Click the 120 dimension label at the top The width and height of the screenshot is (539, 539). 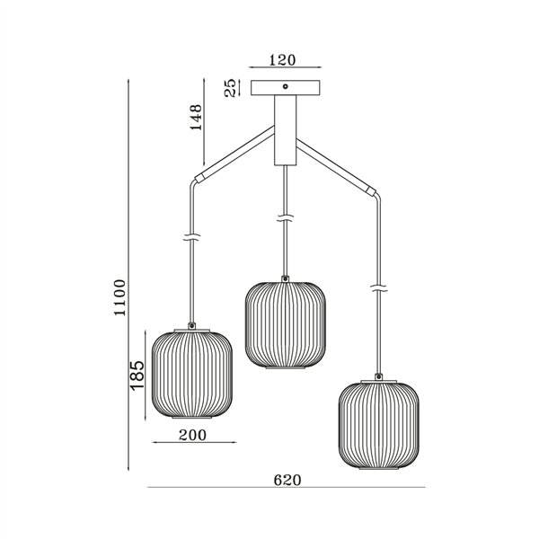pyautogui.click(x=283, y=61)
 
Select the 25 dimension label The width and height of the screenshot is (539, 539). pyautogui.click(x=231, y=88)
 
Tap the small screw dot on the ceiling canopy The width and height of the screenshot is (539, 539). pyautogui.click(x=285, y=87)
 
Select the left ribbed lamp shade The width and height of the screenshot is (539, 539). pyautogui.click(x=192, y=376)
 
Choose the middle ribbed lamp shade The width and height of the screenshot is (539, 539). pyautogui.click(x=286, y=326)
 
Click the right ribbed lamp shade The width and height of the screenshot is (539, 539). pyautogui.click(x=379, y=426)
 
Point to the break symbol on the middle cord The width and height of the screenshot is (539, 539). pyautogui.click(x=286, y=218)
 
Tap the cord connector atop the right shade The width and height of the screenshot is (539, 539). pyautogui.click(x=380, y=376)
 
